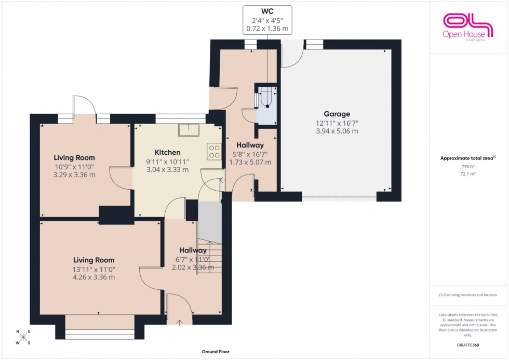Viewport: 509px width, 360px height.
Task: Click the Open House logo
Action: (x=467, y=26)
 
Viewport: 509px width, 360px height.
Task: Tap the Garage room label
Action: (x=338, y=114)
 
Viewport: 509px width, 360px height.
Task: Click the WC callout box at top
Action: (x=268, y=20)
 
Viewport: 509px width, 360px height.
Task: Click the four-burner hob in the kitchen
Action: (x=214, y=151)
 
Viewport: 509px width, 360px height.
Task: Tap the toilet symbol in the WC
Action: (x=267, y=97)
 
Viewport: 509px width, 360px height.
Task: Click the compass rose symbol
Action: (x=23, y=337)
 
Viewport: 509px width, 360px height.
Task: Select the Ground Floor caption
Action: (x=216, y=352)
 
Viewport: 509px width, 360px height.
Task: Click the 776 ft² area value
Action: (x=468, y=166)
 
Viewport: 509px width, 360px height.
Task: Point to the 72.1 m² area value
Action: (x=468, y=174)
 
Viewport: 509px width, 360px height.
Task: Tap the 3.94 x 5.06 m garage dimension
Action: (x=338, y=131)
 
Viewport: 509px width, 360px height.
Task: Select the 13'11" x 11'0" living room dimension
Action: (x=93, y=269)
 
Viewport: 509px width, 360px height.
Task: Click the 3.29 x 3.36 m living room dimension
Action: (x=74, y=175)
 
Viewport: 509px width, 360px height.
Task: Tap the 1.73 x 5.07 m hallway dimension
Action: (x=250, y=162)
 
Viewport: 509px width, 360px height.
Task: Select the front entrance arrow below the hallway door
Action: (x=180, y=323)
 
